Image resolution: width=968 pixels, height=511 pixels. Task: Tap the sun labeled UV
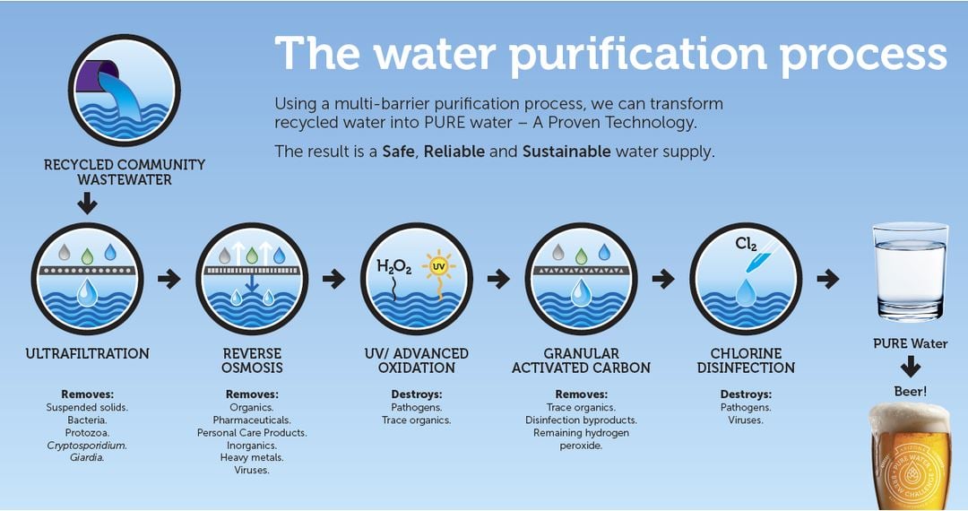tap(438, 266)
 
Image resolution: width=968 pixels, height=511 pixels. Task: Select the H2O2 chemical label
tap(393, 266)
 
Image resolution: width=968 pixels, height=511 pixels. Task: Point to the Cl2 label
tap(746, 245)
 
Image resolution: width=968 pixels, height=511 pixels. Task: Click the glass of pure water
tap(910, 272)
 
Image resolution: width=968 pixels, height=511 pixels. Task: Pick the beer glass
tap(910, 456)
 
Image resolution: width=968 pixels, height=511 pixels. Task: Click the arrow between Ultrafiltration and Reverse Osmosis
tap(169, 279)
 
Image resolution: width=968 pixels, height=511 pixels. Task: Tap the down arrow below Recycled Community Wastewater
tap(87, 203)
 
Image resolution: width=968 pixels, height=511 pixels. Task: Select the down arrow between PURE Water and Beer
tap(910, 368)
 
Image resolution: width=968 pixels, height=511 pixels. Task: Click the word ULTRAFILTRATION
tap(87, 353)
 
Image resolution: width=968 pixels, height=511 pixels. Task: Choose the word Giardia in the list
tap(87, 457)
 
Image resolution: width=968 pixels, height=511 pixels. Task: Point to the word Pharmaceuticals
tap(252, 420)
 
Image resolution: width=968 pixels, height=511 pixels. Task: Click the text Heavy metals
tap(252, 457)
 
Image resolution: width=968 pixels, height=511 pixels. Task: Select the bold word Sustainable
tap(566, 152)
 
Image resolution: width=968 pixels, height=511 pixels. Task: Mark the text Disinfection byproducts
tap(581, 420)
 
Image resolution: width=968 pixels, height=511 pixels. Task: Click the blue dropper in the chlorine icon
tap(757, 259)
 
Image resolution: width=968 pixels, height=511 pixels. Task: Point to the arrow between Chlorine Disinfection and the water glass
tap(828, 279)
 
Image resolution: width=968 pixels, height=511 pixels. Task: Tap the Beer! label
tap(910, 391)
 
